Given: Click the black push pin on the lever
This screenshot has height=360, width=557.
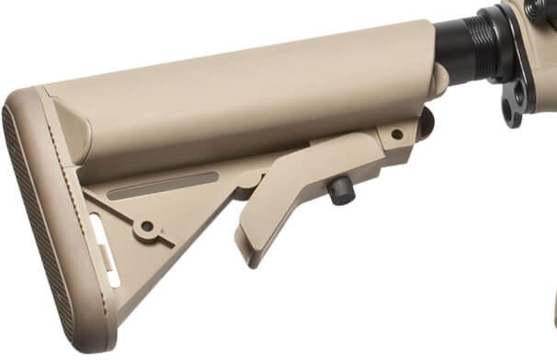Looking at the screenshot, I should click(340, 190).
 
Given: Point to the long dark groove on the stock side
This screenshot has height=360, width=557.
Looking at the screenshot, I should click(162, 186).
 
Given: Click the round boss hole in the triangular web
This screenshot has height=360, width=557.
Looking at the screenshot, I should click(147, 225).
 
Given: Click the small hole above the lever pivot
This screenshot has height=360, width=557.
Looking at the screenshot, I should click(397, 134).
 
